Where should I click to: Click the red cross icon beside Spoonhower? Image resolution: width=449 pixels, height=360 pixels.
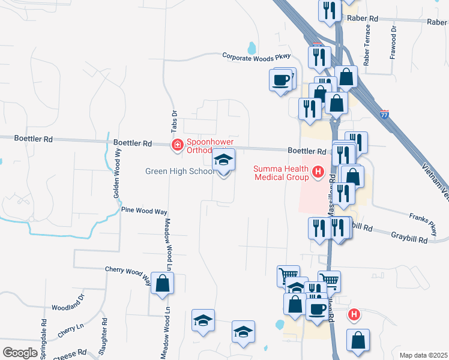click(x=177, y=145)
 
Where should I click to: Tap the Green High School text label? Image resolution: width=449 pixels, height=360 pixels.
click(x=179, y=172)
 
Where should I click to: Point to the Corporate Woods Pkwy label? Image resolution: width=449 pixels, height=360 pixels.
click(x=256, y=56)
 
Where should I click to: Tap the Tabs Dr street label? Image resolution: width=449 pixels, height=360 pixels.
click(x=175, y=121)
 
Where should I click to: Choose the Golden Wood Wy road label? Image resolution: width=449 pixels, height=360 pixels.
click(x=118, y=175)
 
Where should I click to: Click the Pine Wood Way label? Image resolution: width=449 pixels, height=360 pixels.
click(x=144, y=211)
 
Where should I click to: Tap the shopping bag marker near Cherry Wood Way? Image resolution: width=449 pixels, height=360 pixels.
click(x=162, y=283)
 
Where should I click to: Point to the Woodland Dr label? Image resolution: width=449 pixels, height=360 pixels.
click(x=68, y=307)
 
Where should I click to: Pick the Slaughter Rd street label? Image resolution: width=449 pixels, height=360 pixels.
click(x=104, y=339)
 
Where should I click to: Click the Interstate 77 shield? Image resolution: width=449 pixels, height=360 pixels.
click(x=385, y=113)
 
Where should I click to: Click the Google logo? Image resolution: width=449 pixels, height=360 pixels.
click(x=20, y=353)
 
